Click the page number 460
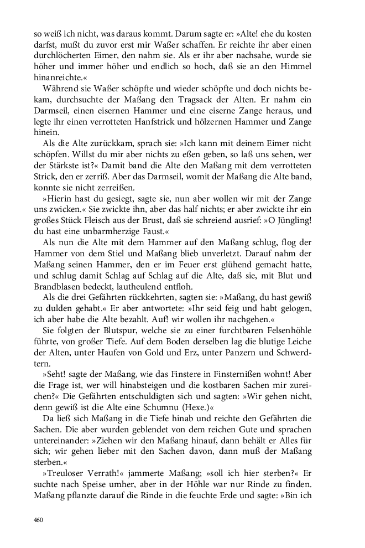39,520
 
